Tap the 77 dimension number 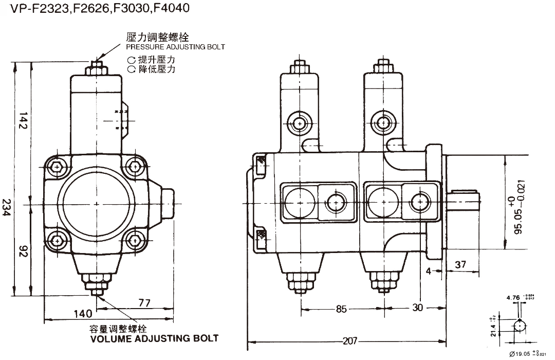(x=144, y=303)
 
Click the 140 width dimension (x=82, y=313)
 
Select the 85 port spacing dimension (x=341, y=309)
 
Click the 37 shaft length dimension (x=460, y=264)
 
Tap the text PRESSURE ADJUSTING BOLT (x=175, y=47)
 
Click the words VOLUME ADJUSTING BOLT (x=154, y=338)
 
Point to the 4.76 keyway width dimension (x=512, y=297)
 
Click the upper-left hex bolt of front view (x=56, y=167)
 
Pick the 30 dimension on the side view (x=418, y=308)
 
